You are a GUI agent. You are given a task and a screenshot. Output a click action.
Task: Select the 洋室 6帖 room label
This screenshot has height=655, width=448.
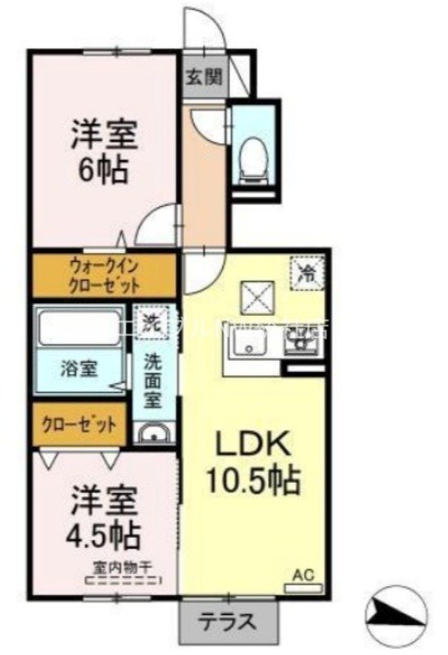pos(102,151)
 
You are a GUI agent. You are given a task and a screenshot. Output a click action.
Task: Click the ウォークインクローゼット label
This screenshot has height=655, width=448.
pos(104,275)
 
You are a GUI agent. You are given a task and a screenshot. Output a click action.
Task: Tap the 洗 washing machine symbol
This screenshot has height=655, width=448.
pos(152,319)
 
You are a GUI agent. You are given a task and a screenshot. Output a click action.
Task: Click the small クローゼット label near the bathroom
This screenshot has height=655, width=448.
pos(79,426)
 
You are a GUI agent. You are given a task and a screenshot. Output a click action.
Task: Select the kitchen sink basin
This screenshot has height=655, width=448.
pos(247,349)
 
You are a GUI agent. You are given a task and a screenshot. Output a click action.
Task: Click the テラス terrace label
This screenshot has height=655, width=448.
pos(229,620)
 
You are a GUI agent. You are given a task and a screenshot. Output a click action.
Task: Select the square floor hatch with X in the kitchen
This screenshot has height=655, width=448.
pos(255,296)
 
